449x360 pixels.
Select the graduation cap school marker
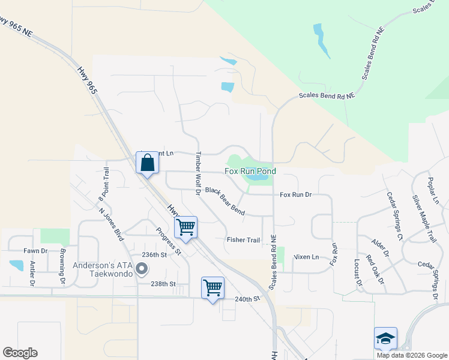click(x=385, y=339)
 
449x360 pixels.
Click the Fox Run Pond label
click(x=250, y=172)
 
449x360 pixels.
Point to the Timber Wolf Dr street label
click(x=196, y=173)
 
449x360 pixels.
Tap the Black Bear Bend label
click(x=225, y=201)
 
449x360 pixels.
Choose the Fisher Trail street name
click(x=243, y=240)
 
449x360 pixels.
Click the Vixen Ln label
click(x=306, y=257)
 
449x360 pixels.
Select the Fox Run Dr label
click(x=296, y=195)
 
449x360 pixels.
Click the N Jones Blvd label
click(x=111, y=223)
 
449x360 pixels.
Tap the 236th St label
click(x=153, y=254)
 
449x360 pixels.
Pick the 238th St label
click(x=163, y=284)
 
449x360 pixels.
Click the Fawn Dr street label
click(x=35, y=251)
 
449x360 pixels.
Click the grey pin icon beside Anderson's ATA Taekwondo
click(x=142, y=269)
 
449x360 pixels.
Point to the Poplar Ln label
click(x=434, y=190)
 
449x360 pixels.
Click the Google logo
click(x=20, y=353)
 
